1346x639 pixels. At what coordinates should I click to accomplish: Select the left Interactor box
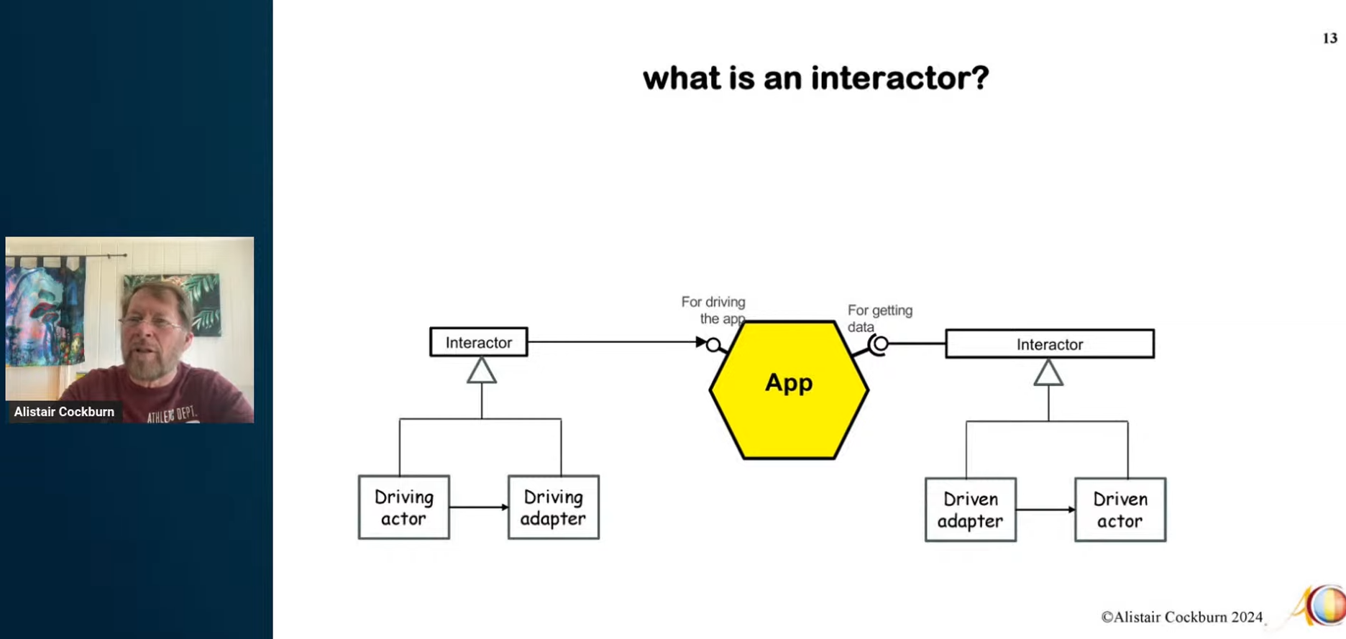(478, 342)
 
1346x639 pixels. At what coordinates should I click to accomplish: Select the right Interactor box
(1049, 344)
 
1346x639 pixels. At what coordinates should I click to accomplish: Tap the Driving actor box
(403, 507)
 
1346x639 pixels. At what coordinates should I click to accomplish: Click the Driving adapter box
(553, 507)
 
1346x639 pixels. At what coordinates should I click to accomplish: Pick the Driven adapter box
(970, 510)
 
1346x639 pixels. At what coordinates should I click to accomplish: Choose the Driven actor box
(1120, 510)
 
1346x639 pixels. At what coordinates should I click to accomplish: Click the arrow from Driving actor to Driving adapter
(478, 507)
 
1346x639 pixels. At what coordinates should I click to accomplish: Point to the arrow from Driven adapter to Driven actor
(1045, 510)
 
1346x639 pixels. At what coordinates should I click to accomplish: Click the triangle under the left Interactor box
(481, 372)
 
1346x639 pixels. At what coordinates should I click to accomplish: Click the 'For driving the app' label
(714, 310)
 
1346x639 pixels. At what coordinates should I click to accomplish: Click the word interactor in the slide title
(899, 78)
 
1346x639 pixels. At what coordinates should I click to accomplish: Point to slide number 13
(1329, 38)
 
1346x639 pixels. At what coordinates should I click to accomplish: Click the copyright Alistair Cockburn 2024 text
(1181, 617)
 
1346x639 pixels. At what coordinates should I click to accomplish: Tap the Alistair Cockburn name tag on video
(64, 412)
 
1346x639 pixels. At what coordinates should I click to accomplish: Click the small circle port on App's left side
(713, 345)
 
